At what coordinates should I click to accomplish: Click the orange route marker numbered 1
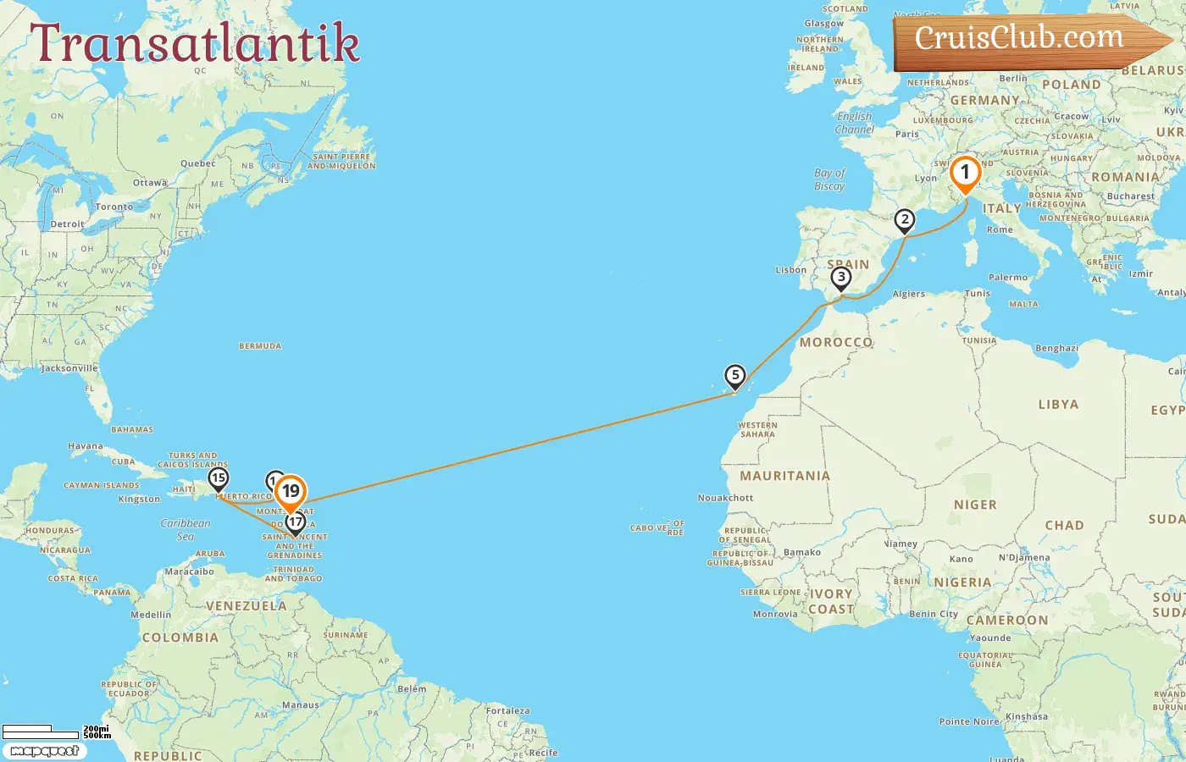964,172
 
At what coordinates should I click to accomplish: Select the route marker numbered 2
905,220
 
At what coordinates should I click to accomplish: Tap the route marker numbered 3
840,277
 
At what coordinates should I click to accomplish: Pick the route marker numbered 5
734,375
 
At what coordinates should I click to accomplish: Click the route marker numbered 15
219,478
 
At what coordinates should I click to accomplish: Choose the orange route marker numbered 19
291,491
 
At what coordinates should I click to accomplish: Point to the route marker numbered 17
295,522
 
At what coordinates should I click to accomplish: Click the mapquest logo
44,751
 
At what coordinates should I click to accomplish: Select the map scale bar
55,731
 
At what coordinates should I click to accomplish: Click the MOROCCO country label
836,342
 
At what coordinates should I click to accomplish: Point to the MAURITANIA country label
784,476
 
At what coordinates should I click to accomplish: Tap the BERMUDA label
260,346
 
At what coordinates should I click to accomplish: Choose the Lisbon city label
791,270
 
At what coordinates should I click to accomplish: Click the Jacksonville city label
69,368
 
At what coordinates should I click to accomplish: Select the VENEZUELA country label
247,606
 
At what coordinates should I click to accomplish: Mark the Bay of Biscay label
829,179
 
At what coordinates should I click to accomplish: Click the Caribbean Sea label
186,529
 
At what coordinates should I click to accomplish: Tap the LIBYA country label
1058,405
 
